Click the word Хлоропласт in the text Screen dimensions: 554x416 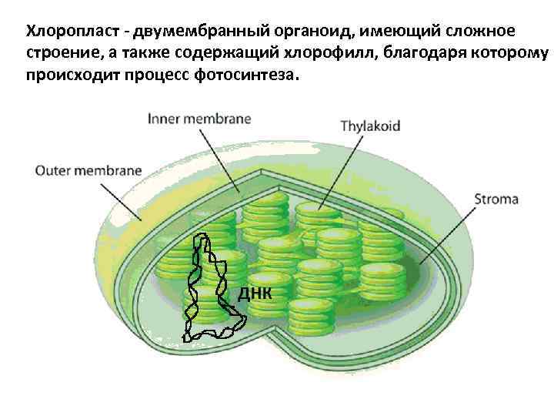pyautogui.click(x=71, y=32)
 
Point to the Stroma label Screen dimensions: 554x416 pyautogui.click(x=496, y=200)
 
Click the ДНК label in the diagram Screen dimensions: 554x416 pyautogui.click(x=253, y=294)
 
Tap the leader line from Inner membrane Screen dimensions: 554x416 pyautogui.click(x=219, y=159)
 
